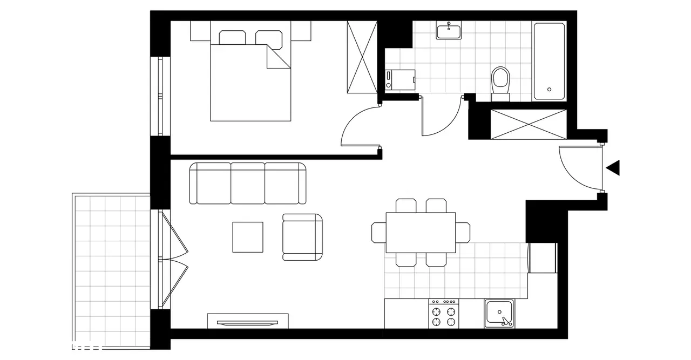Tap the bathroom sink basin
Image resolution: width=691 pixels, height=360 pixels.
coord(449,31)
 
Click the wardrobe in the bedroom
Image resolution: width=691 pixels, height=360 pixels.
coord(361,57)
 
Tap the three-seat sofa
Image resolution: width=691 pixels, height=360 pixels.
coord(248,184)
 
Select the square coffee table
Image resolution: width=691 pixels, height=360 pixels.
coord(248,237)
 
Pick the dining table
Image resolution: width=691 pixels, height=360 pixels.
coord(421,232)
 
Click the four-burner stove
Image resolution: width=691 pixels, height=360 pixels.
coord(443,314)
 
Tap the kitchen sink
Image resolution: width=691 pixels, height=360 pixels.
coord(499,314)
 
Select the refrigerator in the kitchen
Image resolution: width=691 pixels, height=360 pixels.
coord(543,258)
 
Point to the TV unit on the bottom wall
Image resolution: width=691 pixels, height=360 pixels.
coord(248,321)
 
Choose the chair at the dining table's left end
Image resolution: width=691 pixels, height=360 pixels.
coord(378,232)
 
